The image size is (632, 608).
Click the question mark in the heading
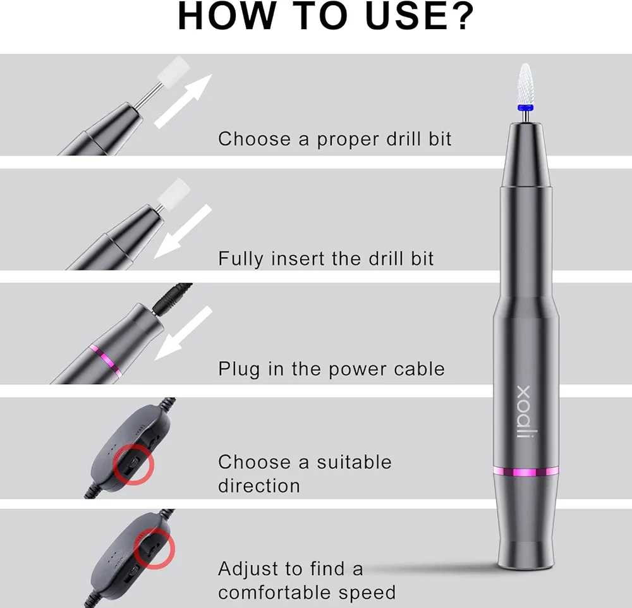tap(459, 16)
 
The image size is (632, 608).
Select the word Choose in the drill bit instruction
tap(254, 138)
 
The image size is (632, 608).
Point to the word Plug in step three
tap(239, 369)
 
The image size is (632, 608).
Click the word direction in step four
tap(259, 486)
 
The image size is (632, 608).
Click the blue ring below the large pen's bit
tap(526, 107)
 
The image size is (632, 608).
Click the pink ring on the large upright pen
tap(526, 471)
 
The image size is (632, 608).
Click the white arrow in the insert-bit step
tap(183, 231)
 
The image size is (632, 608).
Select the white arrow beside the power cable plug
tap(183, 333)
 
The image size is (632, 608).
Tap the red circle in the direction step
tap(133, 465)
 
